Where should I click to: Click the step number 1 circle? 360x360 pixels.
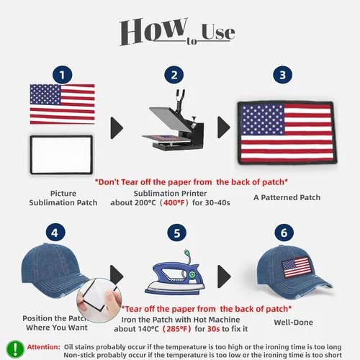pos(63,75)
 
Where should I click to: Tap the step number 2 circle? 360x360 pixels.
pos(174,75)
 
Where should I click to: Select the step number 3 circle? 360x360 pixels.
pos(283,75)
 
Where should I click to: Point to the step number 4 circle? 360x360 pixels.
pos(55,233)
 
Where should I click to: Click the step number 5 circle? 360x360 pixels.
pos(177,233)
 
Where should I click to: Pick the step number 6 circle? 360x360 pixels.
pos(284,233)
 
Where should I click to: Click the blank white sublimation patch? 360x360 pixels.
pos(61,155)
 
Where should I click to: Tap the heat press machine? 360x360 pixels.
pos(174,120)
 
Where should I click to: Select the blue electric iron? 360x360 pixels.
pos(175,279)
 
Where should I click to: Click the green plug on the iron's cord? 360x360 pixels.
pos(186,253)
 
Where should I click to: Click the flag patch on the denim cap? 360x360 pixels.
pos(297,267)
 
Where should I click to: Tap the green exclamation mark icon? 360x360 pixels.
pos(15,349)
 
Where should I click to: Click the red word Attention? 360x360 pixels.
pos(43,347)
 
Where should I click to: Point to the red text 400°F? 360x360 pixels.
pos(174,203)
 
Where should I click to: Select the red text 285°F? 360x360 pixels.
pos(177,329)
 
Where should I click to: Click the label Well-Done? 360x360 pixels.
pos(294,323)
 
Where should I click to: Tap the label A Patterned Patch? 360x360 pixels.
pos(287,197)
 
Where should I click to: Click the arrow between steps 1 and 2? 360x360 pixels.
pos(117,128)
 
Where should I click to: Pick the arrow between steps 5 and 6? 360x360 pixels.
pos(224,276)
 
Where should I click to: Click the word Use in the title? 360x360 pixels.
pos(218,32)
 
